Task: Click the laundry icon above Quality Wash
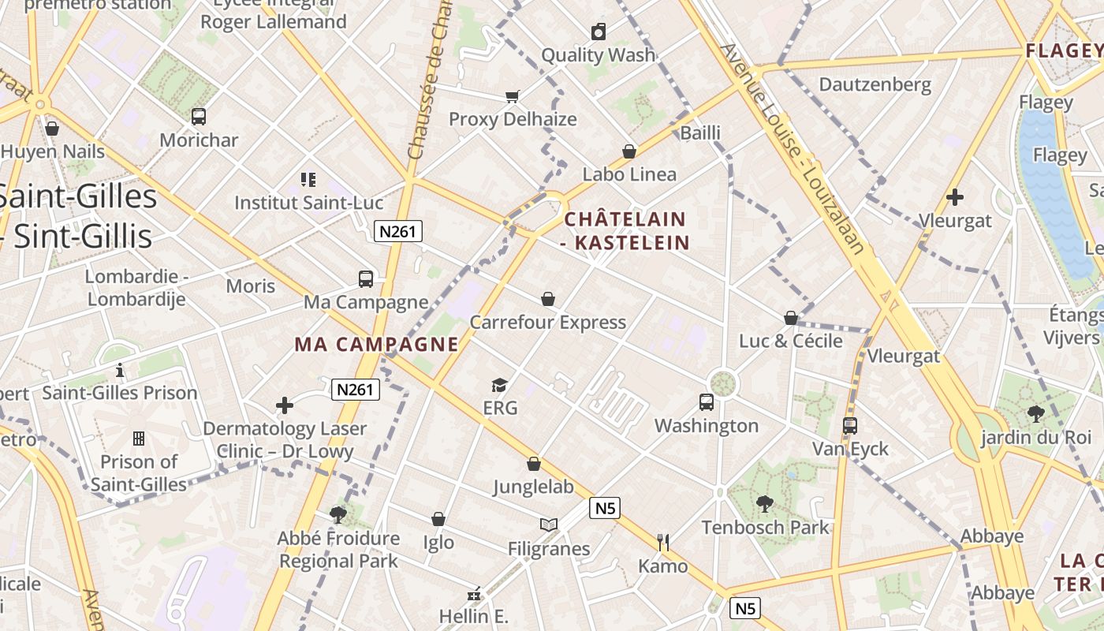[599, 32]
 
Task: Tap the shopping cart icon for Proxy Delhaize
[513, 96]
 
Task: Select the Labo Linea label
[629, 174]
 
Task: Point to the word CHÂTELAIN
[625, 218]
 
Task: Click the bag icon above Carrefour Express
[548, 299]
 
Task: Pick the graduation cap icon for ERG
[499, 385]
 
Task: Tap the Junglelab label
[534, 487]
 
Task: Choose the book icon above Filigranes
[549, 525]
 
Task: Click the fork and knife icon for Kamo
[663, 542]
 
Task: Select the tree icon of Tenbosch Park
[764, 503]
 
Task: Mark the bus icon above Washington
[707, 402]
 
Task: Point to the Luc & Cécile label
[791, 341]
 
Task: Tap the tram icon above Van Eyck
[850, 426]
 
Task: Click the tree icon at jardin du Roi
[1036, 413]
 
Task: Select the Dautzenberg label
[875, 84]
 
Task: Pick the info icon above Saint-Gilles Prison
[120, 369]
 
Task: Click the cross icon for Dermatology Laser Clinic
[285, 405]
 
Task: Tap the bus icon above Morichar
[199, 117]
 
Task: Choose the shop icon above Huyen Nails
[52, 128]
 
